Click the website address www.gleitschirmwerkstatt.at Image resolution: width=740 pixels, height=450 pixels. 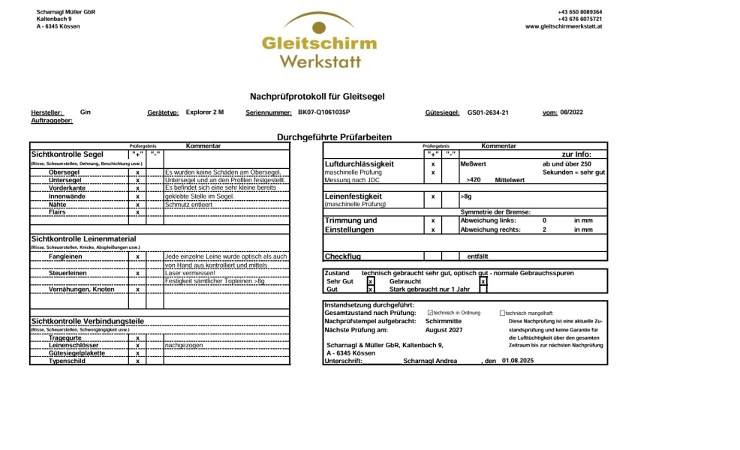click(564, 26)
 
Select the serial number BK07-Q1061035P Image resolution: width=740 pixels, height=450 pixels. click(323, 112)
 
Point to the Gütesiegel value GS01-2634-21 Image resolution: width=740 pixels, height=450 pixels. click(488, 112)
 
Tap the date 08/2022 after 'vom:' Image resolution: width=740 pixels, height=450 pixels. click(571, 112)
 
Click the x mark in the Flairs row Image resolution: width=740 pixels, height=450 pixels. click(138, 212)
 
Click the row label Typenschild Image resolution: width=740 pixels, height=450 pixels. click(67, 361)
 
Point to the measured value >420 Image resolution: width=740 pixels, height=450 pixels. click(473, 180)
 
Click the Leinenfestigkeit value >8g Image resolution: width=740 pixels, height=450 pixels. click(467, 196)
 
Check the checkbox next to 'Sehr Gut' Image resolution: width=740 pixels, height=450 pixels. click(371, 281)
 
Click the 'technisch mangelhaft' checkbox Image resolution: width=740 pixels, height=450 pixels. click(503, 313)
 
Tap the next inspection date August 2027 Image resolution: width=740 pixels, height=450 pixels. click(444, 329)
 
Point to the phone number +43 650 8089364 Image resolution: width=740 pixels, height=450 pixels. click(579, 12)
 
